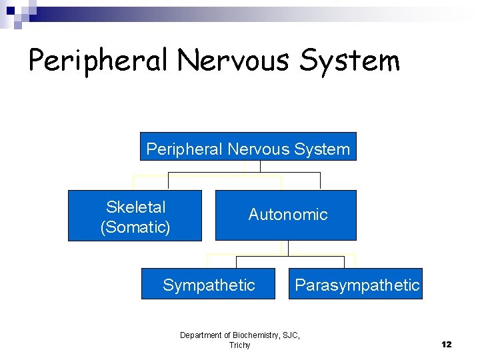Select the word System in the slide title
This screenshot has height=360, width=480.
click(x=351, y=61)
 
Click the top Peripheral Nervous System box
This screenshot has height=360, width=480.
click(x=248, y=146)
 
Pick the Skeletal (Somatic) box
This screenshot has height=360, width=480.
click(x=135, y=215)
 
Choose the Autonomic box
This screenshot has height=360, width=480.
click(x=285, y=215)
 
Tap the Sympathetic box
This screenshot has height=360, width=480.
click(x=208, y=284)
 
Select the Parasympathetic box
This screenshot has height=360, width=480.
click(x=355, y=284)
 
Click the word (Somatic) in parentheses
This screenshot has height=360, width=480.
click(x=135, y=227)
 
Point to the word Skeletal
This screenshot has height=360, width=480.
click(x=135, y=207)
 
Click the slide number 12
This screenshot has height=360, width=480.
click(x=446, y=344)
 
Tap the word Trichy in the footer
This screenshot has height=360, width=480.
click(x=239, y=345)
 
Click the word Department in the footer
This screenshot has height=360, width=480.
click(x=201, y=335)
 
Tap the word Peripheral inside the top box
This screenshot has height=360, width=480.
click(x=184, y=149)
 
